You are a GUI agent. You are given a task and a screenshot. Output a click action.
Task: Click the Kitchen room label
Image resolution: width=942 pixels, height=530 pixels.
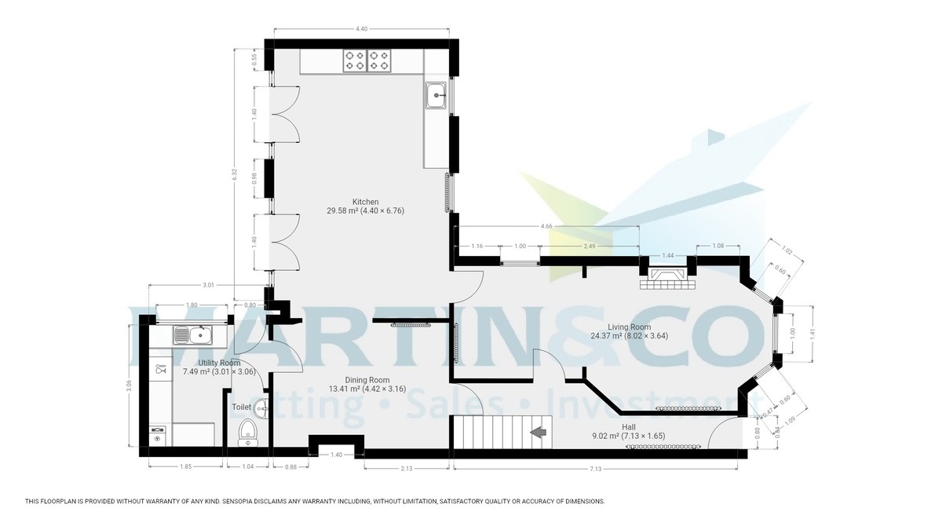point(365,202)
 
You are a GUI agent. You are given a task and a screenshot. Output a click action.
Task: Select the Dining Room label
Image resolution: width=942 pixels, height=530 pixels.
point(368,380)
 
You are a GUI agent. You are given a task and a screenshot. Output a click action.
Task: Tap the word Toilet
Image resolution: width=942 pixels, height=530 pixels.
point(241,407)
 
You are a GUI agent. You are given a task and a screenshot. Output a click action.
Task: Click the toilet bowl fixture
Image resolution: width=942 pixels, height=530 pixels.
point(247,432)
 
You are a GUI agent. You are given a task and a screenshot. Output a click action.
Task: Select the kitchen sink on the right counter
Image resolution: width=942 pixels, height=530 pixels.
point(436,97)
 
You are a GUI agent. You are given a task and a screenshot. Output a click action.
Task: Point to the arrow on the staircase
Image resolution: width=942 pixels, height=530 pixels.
point(539,432)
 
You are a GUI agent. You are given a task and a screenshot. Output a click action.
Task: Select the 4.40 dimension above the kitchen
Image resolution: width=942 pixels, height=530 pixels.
point(361,29)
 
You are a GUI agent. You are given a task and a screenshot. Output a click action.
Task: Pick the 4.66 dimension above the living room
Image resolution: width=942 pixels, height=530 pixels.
point(547,226)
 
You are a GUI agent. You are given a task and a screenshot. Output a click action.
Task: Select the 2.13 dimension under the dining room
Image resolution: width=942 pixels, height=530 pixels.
point(407,470)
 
